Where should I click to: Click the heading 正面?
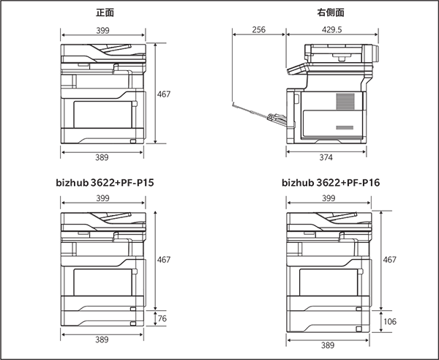click(x=105, y=13)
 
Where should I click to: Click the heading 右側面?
click(x=331, y=13)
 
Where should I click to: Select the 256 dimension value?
click(x=258, y=29)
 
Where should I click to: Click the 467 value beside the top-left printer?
click(x=164, y=94)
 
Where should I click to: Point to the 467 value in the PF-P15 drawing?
click(x=165, y=259)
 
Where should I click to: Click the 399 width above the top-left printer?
click(x=103, y=29)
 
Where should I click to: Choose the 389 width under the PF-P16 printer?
click(x=330, y=343)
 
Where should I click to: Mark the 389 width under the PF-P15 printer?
click(x=103, y=340)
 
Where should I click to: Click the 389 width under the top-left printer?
click(x=103, y=157)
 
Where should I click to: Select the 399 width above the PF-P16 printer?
click(x=330, y=198)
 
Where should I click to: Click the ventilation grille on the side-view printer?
click(x=344, y=102)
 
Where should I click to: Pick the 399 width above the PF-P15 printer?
click(x=103, y=198)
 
